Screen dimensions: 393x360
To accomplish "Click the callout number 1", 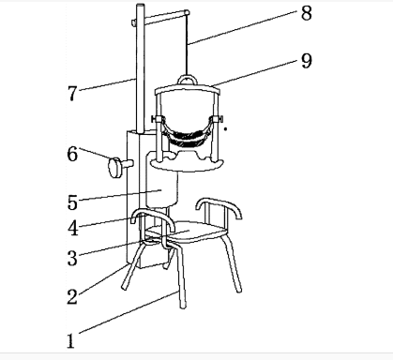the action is (x=71, y=341).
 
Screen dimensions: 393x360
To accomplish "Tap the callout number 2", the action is (x=72, y=296).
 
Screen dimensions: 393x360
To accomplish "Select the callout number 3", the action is (x=72, y=259).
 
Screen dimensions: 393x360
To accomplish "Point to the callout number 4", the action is (x=73, y=228).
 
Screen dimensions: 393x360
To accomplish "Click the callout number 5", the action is (x=72, y=202).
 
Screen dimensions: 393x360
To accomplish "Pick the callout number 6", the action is (x=72, y=154).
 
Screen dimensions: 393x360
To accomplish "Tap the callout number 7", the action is (x=72, y=93).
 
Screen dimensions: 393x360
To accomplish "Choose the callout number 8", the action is (x=307, y=13).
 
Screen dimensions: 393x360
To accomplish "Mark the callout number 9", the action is (x=307, y=61).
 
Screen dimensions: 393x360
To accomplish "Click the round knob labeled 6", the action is (x=115, y=168).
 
